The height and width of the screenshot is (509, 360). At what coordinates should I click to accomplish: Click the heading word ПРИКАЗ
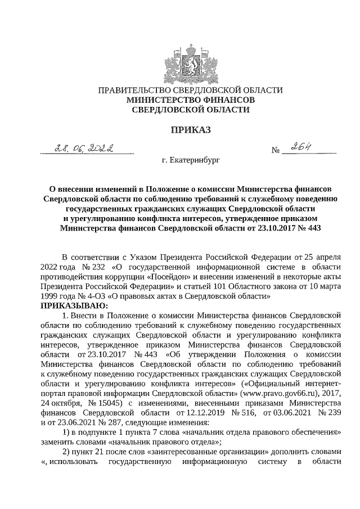pos(190,130)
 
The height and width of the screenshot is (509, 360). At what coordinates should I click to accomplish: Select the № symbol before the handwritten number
pos(276,151)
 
